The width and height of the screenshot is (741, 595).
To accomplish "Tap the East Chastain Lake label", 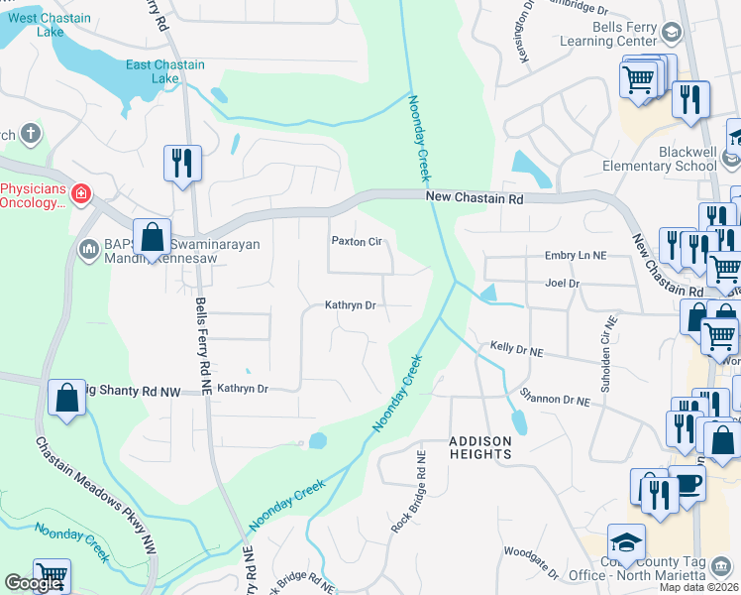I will tap(165, 71).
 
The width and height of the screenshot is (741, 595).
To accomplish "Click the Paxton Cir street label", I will tap(356, 241).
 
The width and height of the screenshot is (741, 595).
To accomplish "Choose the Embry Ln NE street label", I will tap(575, 255).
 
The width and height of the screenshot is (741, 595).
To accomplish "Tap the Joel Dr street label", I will tap(562, 283).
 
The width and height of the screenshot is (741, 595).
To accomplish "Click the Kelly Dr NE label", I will tap(517, 349).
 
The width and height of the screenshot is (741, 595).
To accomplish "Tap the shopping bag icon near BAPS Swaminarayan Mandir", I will tap(152, 238).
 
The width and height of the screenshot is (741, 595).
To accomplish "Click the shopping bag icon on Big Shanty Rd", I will tap(65, 399).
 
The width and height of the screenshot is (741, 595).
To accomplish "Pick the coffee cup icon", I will tap(688, 485).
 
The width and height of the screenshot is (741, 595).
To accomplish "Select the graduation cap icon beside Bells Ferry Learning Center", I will tap(671, 34).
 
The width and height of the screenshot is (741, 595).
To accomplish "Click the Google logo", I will tap(33, 583).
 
